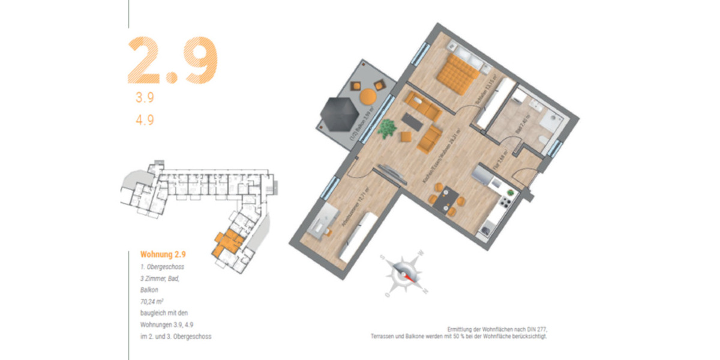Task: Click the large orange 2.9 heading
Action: click(x=172, y=60)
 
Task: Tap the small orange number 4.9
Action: click(x=145, y=119)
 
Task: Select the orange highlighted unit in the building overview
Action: click(x=227, y=241)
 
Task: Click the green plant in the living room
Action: click(x=387, y=128)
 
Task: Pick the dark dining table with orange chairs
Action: click(x=447, y=199)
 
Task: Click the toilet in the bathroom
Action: click(x=543, y=140)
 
